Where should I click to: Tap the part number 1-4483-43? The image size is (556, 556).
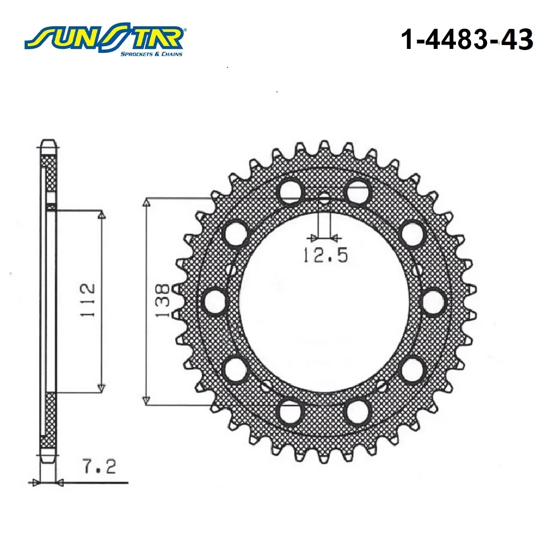coord(467,39)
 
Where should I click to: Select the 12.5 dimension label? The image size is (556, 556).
coord(325,255)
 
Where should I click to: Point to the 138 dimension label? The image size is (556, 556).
coord(163,300)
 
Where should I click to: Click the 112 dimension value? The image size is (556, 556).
coord(88,300)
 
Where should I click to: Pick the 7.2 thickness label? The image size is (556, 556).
coord(100,466)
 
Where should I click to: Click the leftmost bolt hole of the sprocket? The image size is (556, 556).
coord(216,301)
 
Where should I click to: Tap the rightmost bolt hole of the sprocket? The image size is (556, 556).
coord(434,302)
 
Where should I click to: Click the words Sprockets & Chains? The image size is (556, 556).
coord(151,54)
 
